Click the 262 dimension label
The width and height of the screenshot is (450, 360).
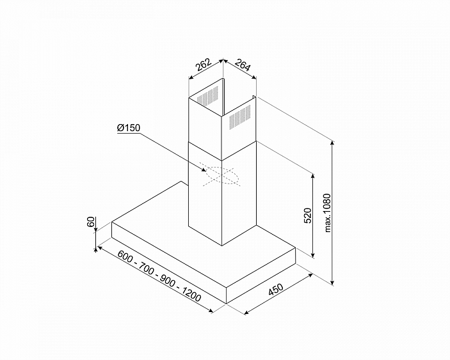point(204,65)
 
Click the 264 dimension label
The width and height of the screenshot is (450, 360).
point(243,65)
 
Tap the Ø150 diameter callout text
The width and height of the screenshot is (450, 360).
point(129,128)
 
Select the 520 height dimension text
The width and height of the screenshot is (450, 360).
point(307,216)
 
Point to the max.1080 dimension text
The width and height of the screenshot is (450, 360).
point(328,213)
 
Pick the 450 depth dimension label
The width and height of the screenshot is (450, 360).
point(275,289)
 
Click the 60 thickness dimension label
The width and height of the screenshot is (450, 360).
point(91,222)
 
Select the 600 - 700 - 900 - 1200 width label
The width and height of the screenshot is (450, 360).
point(159,276)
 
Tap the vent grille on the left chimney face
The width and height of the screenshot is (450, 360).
point(207,96)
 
